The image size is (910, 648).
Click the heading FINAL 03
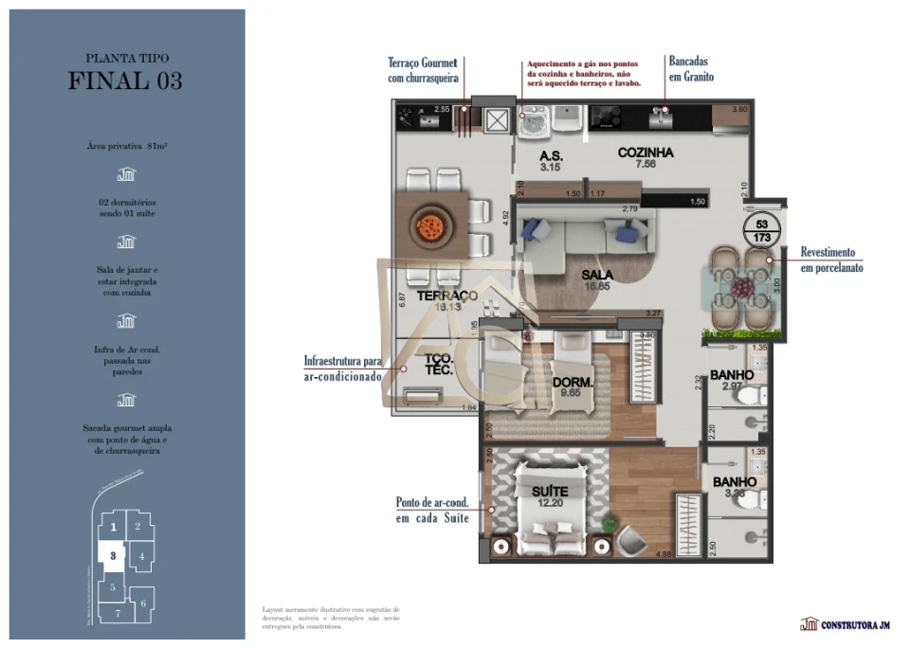pyautogui.click(x=126, y=81)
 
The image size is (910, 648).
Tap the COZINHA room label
pyautogui.click(x=646, y=153)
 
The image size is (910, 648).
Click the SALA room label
pyautogui.click(x=598, y=275)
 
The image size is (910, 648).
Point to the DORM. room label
pyautogui.click(x=573, y=383)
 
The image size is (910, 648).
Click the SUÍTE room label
pyautogui.click(x=550, y=492)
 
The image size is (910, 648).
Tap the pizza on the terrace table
pyautogui.click(x=431, y=227)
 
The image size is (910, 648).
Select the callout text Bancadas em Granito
pyautogui.click(x=691, y=68)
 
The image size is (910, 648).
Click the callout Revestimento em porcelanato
pyautogui.click(x=832, y=260)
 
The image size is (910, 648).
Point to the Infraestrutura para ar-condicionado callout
pyautogui.click(x=342, y=369)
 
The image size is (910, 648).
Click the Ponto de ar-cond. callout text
pyautogui.click(x=432, y=510)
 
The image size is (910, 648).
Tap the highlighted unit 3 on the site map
pyautogui.click(x=113, y=556)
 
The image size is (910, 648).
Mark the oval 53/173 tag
pyautogui.click(x=761, y=232)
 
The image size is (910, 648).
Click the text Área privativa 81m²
pyautogui.click(x=126, y=147)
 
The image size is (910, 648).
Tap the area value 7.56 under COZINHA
pyautogui.click(x=646, y=164)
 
